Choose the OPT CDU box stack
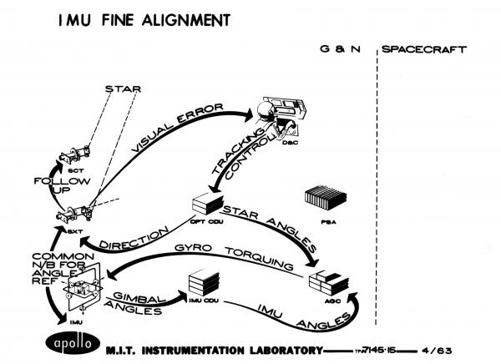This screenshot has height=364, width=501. [x=208, y=205]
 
